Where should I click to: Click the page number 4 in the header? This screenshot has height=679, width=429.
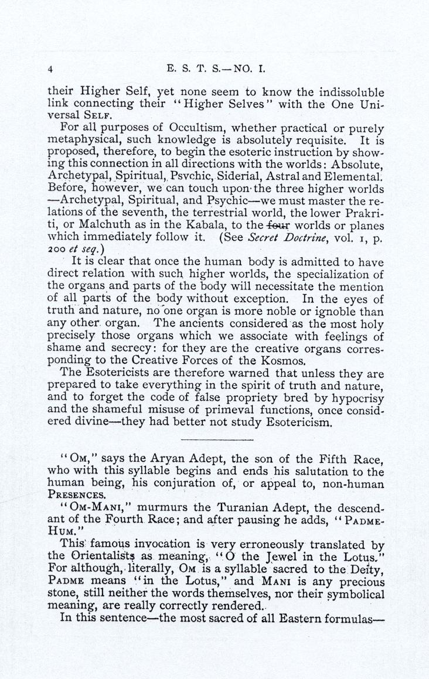(52, 69)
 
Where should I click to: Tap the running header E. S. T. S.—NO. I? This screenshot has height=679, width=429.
(216, 68)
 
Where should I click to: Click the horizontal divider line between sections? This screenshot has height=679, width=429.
(217, 439)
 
